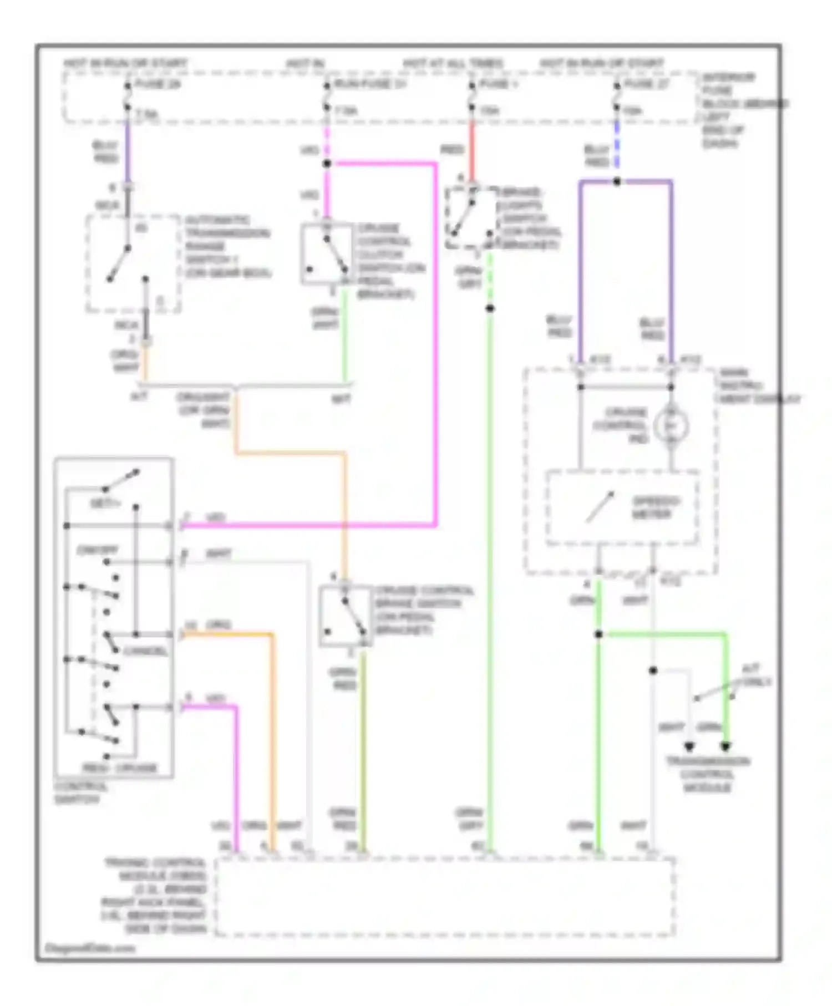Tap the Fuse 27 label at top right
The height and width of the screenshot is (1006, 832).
pos(647,84)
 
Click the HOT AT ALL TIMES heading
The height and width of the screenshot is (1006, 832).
pos(453,64)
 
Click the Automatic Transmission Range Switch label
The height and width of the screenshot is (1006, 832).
pos(227,246)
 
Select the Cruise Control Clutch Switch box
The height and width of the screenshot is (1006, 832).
pos(327,255)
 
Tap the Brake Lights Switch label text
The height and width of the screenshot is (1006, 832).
pos(529,219)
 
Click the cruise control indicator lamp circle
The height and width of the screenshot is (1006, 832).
pos(671,426)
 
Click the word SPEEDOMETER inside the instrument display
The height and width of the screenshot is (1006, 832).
pos(656,507)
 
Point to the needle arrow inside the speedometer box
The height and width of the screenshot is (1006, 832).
pos(600,506)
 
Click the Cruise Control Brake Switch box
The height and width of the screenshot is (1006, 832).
pos(345,616)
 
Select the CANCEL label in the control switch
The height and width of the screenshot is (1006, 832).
pos(145,651)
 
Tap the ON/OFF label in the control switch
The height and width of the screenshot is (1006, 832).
pos(98,550)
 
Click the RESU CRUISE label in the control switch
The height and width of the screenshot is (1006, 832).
pos(120,768)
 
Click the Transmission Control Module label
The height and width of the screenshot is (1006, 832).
pos(707,774)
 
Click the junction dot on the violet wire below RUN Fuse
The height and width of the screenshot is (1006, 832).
pos(327,164)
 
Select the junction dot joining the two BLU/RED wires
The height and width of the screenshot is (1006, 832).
pos(617,181)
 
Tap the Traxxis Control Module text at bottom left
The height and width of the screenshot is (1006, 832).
pos(155,896)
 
